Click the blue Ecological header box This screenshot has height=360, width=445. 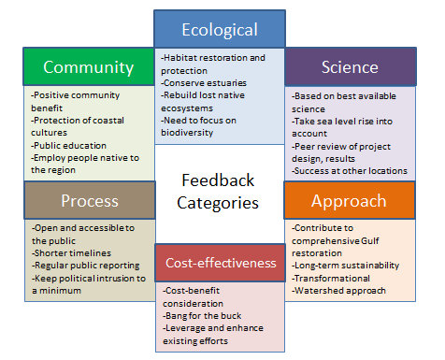coord(219,30)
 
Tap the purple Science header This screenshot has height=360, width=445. coord(349,66)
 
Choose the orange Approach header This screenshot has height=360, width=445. coord(349,200)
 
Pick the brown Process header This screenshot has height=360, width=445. coord(89,200)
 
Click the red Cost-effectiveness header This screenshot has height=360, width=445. coord(221,263)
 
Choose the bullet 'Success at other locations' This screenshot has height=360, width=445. coord(349,170)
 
